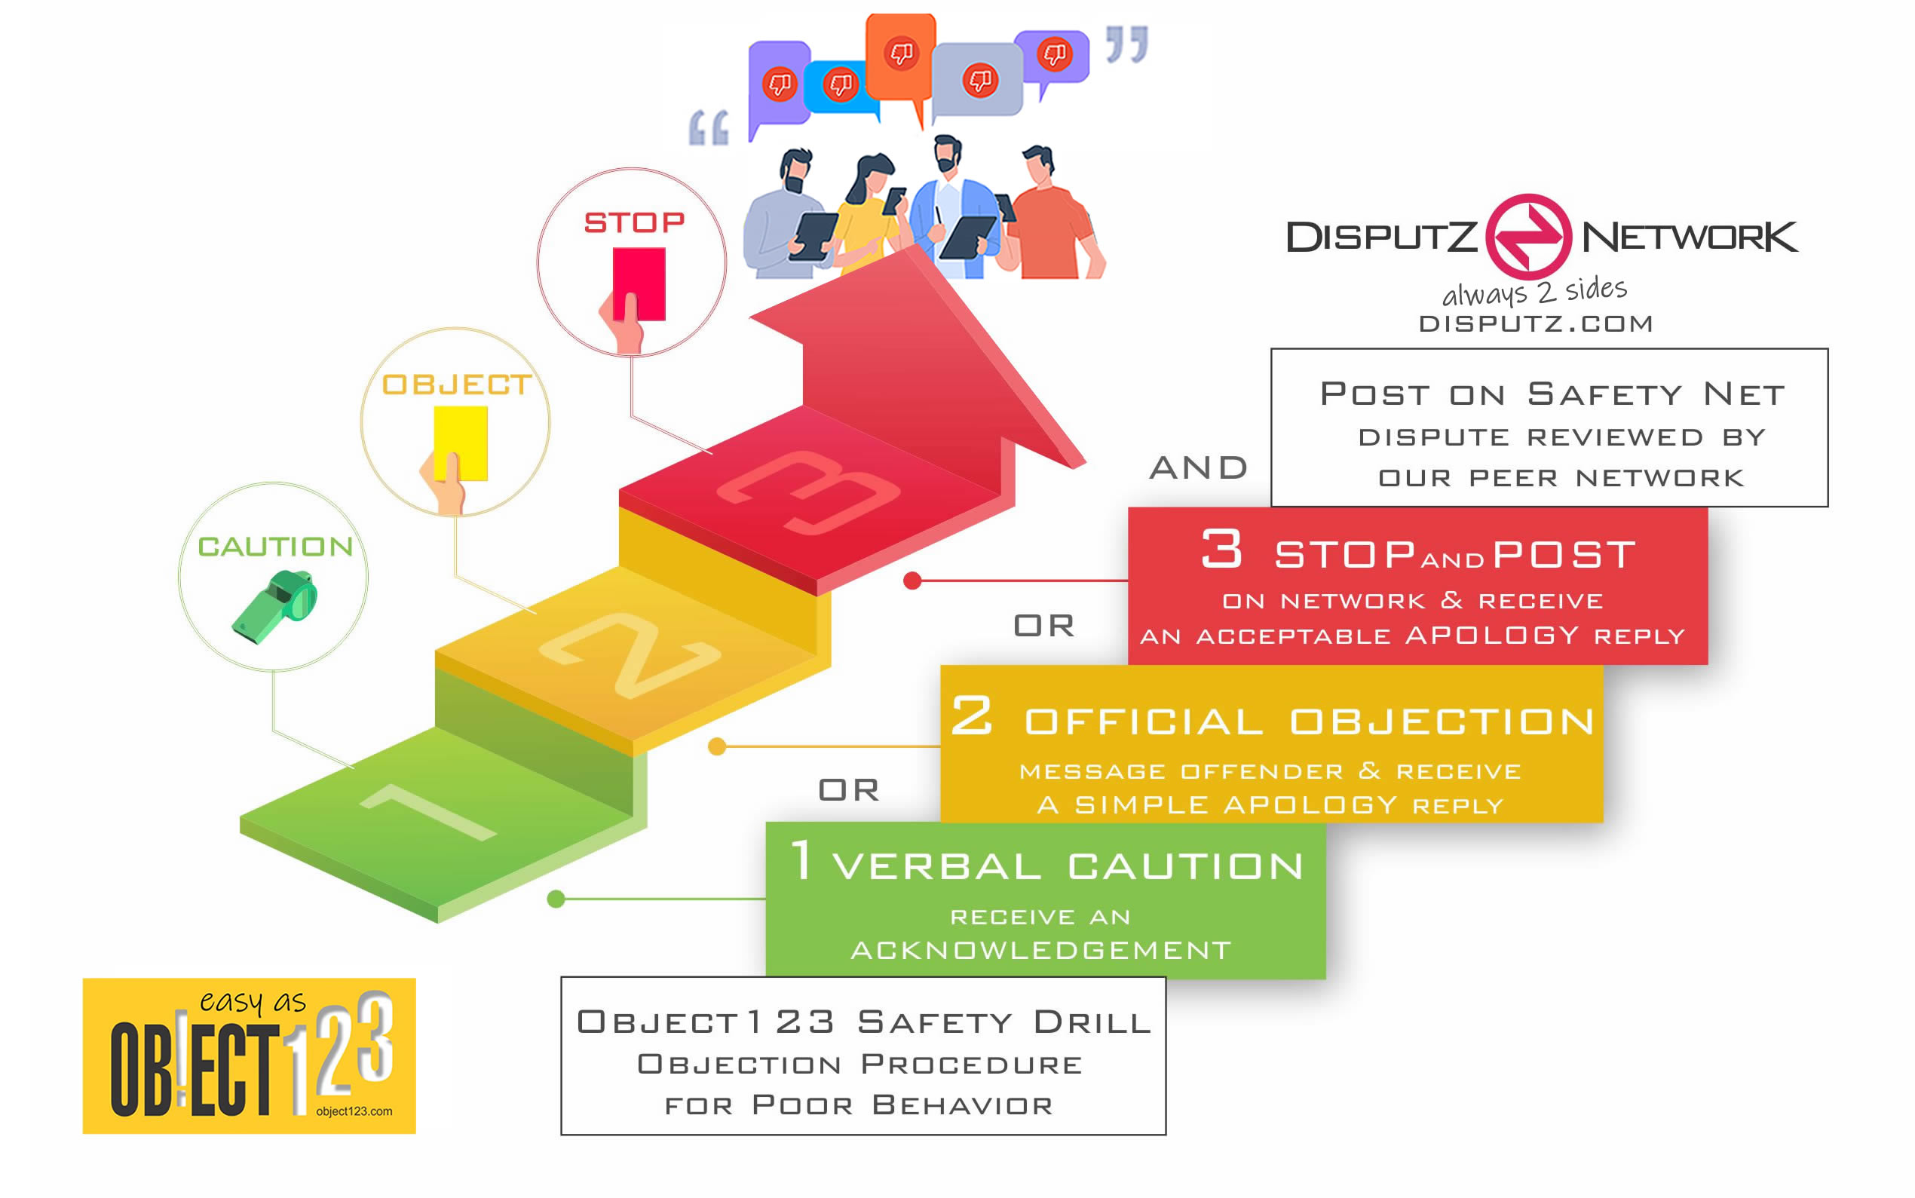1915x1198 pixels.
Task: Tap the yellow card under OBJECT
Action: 461,442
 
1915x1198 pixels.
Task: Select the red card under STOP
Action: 639,283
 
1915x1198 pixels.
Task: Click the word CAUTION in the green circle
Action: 275,546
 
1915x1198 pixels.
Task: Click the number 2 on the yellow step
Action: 630,654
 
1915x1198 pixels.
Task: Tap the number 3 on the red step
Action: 808,492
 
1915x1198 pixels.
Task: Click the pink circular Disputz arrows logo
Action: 1528,236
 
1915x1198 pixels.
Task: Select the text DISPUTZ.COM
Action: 1535,323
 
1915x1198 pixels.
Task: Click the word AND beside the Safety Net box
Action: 1199,467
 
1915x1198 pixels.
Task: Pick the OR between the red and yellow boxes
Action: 1044,626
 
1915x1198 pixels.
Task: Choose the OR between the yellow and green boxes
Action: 849,790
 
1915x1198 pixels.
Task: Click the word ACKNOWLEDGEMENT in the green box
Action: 1041,949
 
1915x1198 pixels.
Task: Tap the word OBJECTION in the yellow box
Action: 1442,721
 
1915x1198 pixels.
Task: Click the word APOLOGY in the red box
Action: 1492,635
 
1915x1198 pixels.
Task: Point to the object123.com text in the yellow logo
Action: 354,1111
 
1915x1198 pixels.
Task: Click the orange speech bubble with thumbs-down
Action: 901,57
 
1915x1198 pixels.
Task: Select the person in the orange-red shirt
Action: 1050,222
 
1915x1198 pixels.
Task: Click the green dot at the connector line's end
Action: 556,899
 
